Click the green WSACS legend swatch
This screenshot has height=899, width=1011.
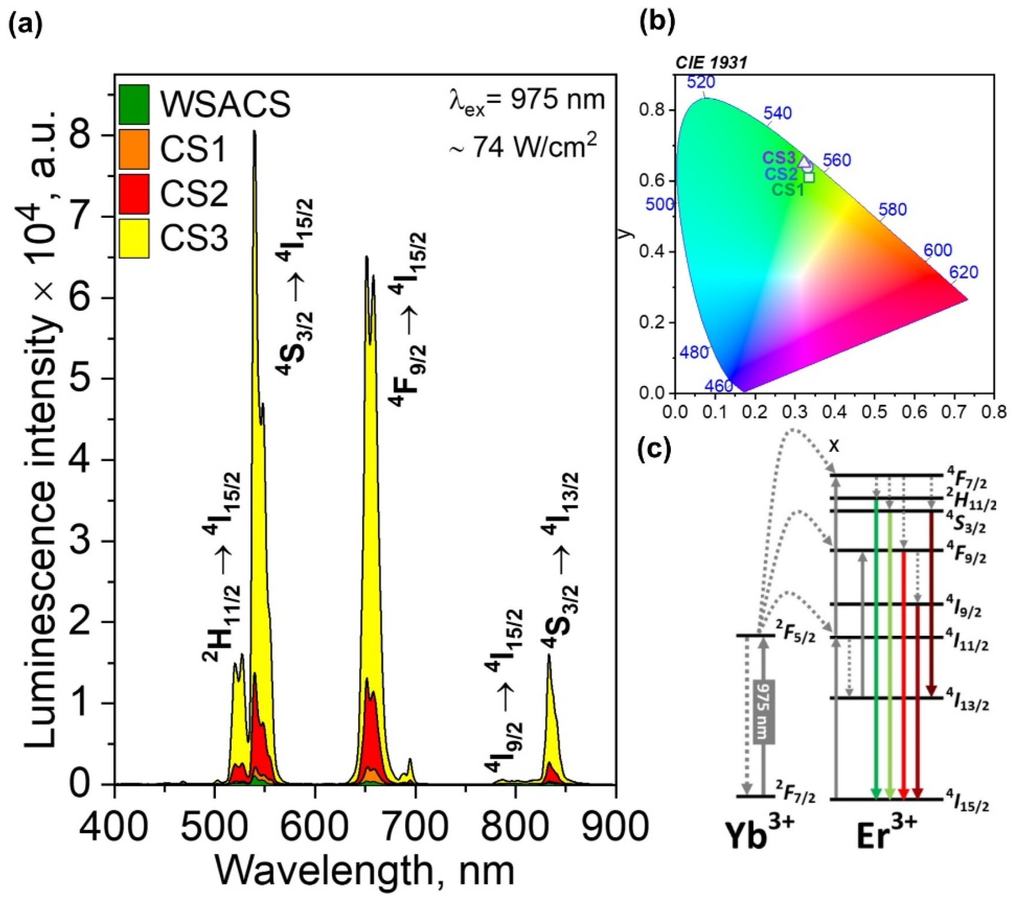pos(133,104)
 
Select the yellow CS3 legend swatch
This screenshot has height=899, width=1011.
pos(133,238)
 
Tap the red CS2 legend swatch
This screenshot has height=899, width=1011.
pos(133,194)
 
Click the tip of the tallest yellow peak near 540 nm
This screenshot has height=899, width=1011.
pos(255,131)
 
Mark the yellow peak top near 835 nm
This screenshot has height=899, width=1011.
pos(549,656)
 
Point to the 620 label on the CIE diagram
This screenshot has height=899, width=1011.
pos(963,272)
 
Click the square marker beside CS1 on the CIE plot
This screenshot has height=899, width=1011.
pos(809,177)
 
